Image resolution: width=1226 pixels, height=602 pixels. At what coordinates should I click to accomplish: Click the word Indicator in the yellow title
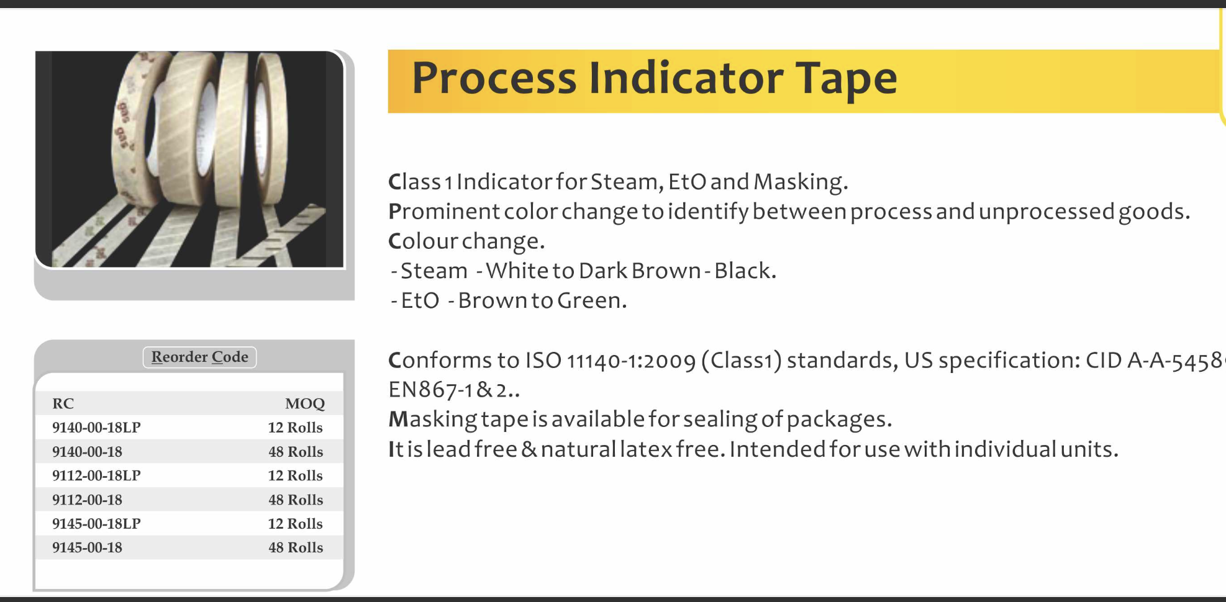pos(686,78)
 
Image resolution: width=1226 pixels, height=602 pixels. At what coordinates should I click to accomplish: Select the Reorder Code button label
pos(199,357)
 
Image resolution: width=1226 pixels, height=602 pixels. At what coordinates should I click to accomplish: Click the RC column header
pos(63,403)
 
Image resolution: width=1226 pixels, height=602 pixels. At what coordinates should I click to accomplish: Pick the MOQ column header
pos(304,404)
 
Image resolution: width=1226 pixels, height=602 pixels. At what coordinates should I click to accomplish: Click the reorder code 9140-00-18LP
pos(96,428)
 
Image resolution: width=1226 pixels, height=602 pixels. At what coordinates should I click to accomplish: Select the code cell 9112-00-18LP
pos(96,475)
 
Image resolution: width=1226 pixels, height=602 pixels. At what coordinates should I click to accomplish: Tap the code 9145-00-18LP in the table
pos(96,524)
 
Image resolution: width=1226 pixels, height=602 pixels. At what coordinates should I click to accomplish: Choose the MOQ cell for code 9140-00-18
pos(296,452)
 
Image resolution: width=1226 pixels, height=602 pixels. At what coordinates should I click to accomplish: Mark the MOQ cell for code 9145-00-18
pos(296,547)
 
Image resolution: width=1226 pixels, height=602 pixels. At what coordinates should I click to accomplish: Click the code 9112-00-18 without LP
pos(87,500)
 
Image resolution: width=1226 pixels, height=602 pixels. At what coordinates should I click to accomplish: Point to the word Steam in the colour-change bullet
pos(434,271)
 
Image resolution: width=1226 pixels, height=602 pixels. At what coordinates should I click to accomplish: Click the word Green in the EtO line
pos(591,300)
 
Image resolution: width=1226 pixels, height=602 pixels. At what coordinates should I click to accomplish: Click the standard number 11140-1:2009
pos(631,361)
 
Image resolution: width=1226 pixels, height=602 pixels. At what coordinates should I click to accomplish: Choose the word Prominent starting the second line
pos(443,212)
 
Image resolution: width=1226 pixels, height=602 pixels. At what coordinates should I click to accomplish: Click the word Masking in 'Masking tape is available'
pos(433,420)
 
